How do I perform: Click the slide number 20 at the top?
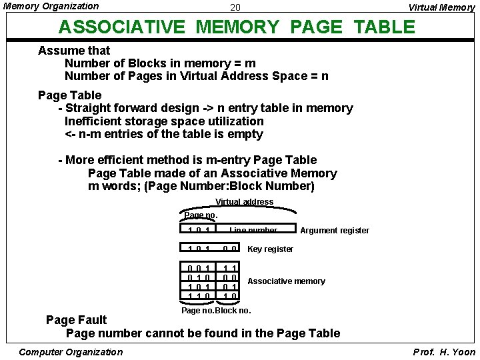click(x=235, y=8)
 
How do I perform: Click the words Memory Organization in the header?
click(x=51, y=6)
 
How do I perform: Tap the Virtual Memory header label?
click(x=441, y=8)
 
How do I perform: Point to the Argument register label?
click(x=335, y=231)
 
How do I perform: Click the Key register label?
click(x=270, y=249)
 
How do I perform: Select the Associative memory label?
click(x=286, y=281)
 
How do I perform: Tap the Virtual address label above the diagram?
click(x=244, y=202)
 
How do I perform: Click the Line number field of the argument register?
click(x=253, y=231)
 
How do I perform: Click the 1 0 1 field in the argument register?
click(x=199, y=231)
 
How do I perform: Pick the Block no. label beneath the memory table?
click(x=233, y=311)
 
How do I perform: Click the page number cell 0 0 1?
click(x=199, y=268)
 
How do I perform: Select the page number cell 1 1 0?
click(x=199, y=295)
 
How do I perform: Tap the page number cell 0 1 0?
click(x=199, y=277)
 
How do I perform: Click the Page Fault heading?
click(x=76, y=320)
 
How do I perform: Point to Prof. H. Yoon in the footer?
click(x=443, y=352)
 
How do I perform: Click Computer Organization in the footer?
click(x=71, y=352)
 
